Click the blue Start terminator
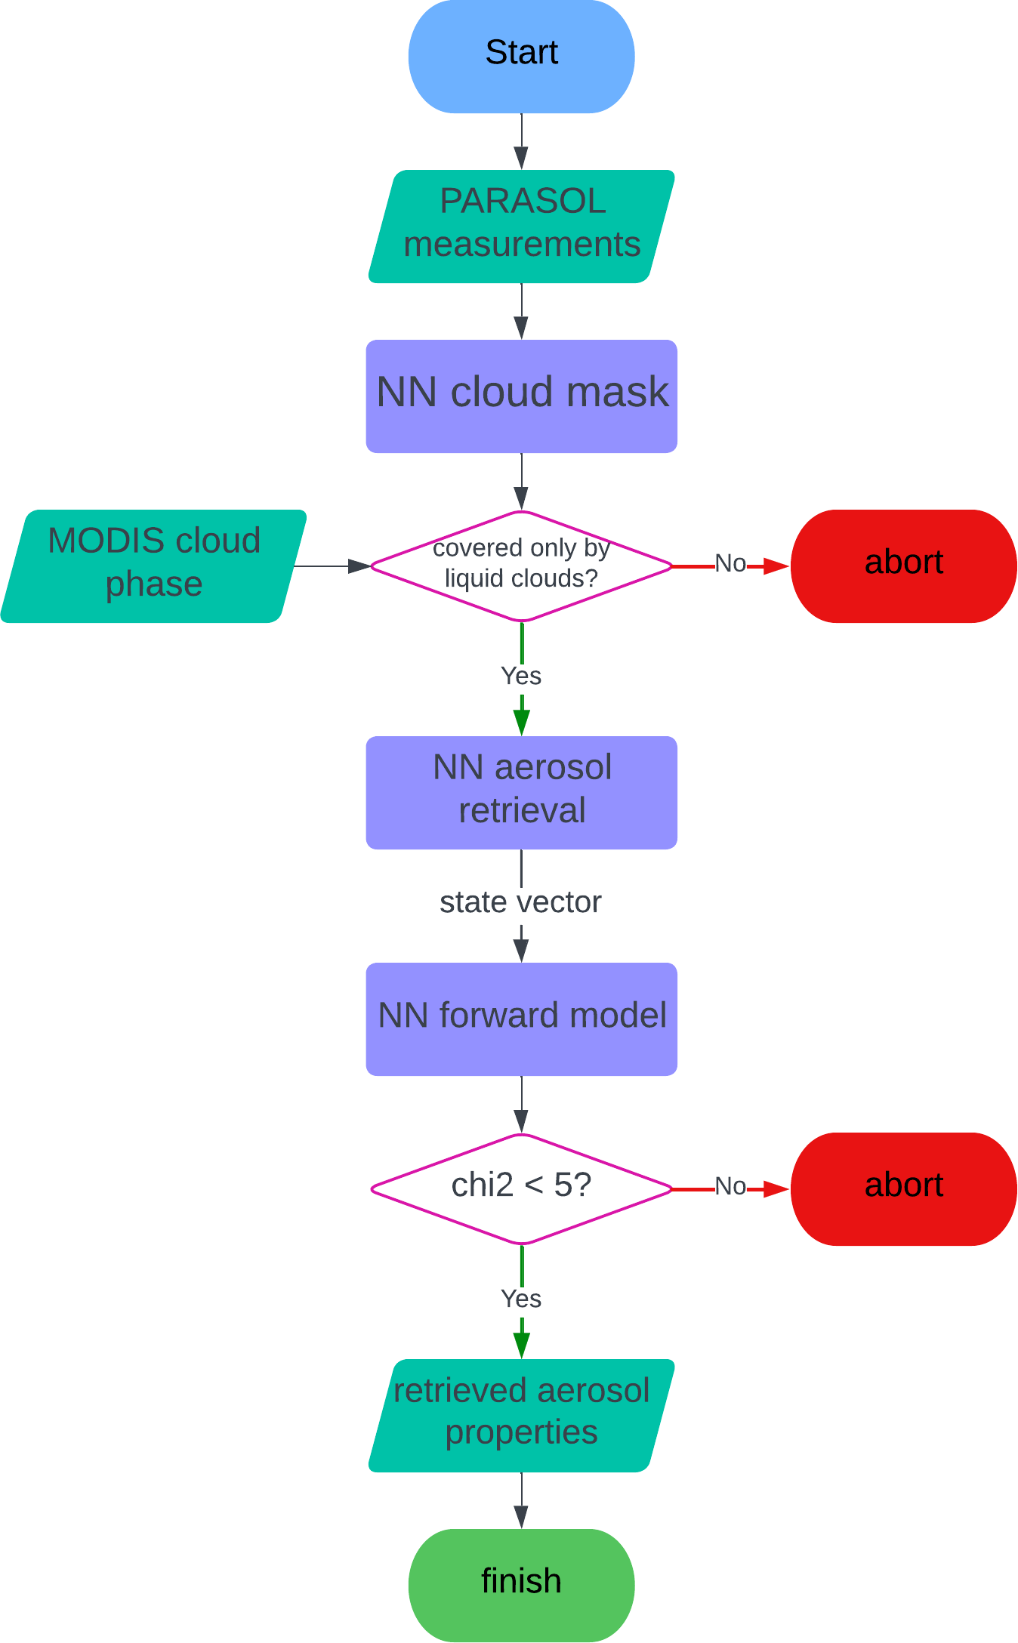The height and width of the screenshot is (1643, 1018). (x=521, y=57)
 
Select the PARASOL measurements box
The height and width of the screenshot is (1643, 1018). (x=521, y=227)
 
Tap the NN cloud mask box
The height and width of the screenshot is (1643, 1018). (x=521, y=396)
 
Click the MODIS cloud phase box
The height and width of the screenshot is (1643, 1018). (x=154, y=566)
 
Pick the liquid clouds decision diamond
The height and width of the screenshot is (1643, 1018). (x=521, y=566)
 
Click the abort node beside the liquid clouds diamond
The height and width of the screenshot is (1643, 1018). (x=903, y=566)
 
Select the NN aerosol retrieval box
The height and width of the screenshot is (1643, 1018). (x=521, y=793)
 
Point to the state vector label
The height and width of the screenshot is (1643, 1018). (x=521, y=902)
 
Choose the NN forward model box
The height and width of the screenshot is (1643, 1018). (x=521, y=1019)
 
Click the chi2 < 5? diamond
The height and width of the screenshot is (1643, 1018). (x=521, y=1189)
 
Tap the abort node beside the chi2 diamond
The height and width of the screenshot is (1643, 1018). (x=903, y=1189)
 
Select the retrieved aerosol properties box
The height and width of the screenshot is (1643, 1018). (x=521, y=1416)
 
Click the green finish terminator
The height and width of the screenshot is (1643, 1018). (x=521, y=1586)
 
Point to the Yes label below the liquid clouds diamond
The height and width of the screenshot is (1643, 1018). (x=521, y=676)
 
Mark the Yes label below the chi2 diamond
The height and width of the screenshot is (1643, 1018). (x=521, y=1299)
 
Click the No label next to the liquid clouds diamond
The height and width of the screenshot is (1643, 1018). (x=730, y=564)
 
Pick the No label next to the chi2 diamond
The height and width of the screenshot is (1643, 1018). (x=730, y=1187)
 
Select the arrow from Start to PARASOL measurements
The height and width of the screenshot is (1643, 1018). (x=521, y=141)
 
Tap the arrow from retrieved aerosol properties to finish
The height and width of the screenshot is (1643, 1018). (x=521, y=1500)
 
